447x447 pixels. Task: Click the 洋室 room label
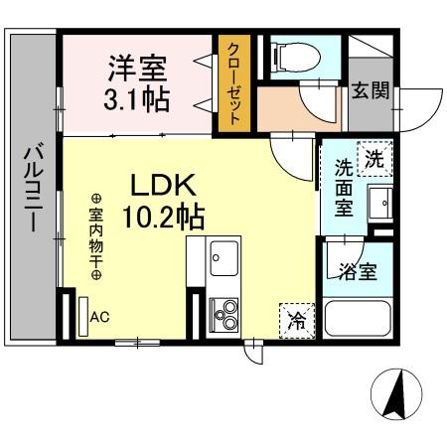pyautogui.click(x=137, y=70)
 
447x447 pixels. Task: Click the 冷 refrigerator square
pyautogui.click(x=295, y=320)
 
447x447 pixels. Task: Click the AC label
pyautogui.click(x=99, y=318)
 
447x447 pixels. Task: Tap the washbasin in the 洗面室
pyautogui.click(x=380, y=206)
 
